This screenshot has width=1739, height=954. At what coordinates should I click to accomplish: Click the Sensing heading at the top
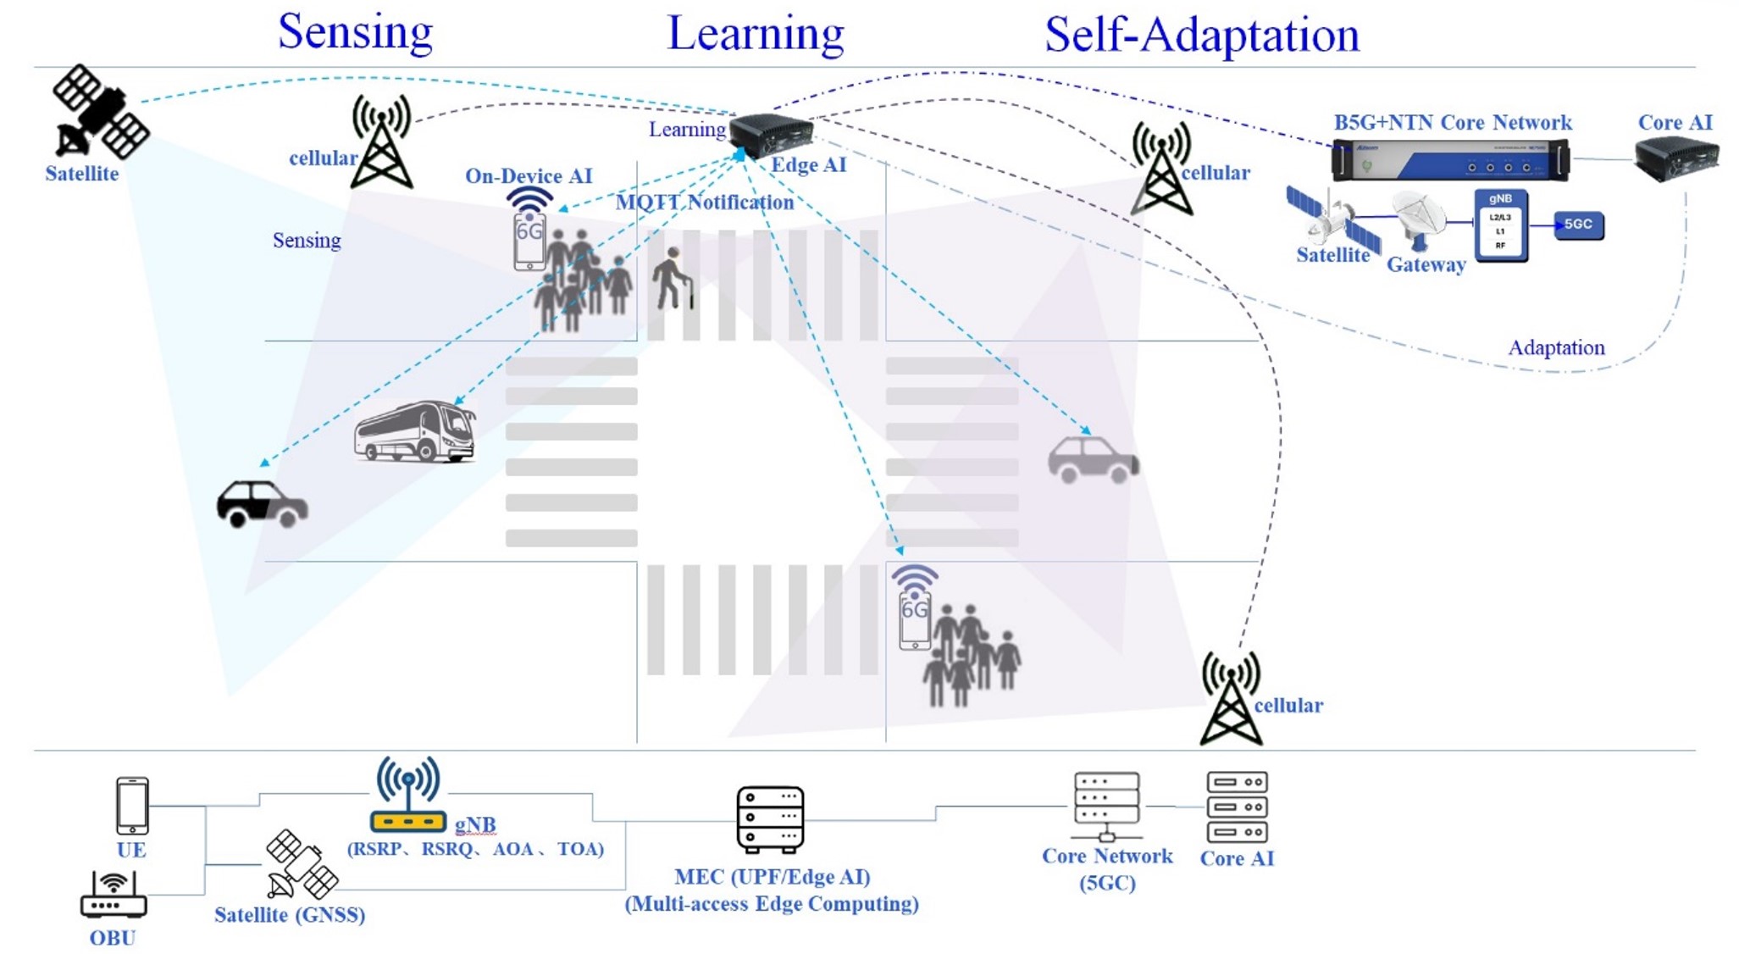(355, 32)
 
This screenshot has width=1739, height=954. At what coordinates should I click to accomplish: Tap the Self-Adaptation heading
(1201, 36)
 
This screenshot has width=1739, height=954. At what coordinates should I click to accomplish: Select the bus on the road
(415, 432)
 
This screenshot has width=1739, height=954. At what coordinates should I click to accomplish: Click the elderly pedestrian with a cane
(673, 278)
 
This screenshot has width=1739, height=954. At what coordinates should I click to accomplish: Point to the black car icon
(262, 504)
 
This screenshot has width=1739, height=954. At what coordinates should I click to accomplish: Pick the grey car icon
(1093, 460)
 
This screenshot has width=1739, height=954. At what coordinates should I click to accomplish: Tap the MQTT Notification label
(705, 202)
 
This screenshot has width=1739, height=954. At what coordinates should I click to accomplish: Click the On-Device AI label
(529, 176)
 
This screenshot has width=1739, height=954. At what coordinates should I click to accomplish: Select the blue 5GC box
(1578, 225)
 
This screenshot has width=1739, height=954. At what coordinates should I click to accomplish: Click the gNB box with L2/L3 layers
(1500, 225)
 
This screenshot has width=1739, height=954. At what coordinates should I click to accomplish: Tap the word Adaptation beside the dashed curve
(1556, 347)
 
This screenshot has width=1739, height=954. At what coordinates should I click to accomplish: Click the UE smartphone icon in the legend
(132, 806)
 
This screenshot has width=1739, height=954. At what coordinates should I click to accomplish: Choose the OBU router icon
(114, 896)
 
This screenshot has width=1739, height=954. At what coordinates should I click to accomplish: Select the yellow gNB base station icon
(407, 796)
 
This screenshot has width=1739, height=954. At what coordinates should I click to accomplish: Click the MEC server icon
(770, 819)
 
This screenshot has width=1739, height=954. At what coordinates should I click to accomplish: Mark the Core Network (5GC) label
(1107, 869)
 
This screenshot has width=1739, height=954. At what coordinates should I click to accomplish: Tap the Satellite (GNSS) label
(290, 915)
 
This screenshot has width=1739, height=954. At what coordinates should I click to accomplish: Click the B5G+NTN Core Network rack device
(1450, 159)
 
